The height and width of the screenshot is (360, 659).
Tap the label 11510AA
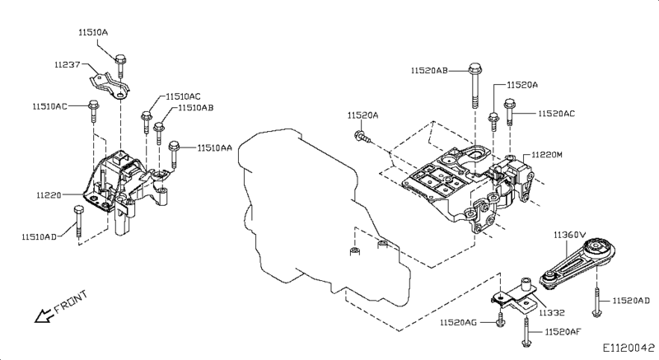pyautogui.click(x=214, y=148)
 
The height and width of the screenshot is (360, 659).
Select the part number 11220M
pyautogui.click(x=549, y=155)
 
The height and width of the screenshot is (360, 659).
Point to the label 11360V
pyautogui.click(x=568, y=235)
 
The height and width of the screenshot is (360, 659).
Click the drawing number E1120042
pyautogui.click(x=629, y=348)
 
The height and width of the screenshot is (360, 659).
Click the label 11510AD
pyautogui.click(x=39, y=236)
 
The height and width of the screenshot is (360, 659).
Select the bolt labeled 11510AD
pyautogui.click(x=77, y=222)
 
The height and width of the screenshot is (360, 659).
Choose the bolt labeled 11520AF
pyautogui.click(x=525, y=333)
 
